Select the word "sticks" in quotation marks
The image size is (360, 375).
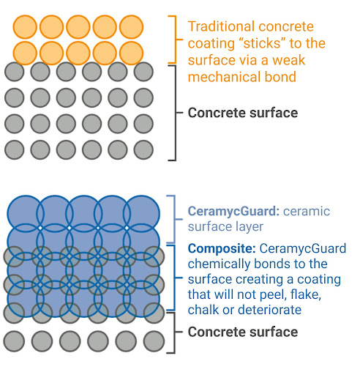click(x=261, y=43)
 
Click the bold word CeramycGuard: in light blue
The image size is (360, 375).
click(x=233, y=212)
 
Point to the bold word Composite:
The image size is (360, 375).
click(x=222, y=249)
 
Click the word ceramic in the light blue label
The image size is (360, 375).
click(x=307, y=212)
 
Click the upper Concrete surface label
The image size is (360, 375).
click(x=243, y=113)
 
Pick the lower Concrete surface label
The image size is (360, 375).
click(x=243, y=332)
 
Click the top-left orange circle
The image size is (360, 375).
click(x=25, y=27)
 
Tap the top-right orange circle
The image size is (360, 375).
click(x=131, y=27)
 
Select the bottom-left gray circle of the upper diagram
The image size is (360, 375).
click(x=15, y=149)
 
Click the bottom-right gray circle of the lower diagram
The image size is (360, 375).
click(x=154, y=341)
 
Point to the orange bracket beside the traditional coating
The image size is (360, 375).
click(x=176, y=40)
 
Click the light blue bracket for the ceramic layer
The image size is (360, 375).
click(x=175, y=219)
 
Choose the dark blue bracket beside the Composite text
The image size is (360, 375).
click(x=175, y=278)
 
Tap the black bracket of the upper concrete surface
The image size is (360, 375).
click(x=176, y=113)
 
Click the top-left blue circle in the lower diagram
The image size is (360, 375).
click(x=25, y=214)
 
